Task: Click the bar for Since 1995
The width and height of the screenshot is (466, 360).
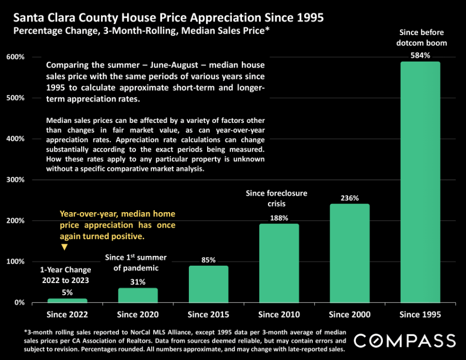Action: click(420, 182)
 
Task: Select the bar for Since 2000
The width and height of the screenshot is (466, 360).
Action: click(350, 253)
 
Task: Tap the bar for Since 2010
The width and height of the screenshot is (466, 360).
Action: click(279, 263)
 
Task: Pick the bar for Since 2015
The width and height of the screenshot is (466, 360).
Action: click(208, 284)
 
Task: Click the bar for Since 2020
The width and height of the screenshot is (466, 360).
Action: click(138, 295)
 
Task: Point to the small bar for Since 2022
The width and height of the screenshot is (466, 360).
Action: click(67, 300)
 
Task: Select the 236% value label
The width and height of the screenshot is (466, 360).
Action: click(350, 198)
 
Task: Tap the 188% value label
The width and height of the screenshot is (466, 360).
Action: click(279, 218)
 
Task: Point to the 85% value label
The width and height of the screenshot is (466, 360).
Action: click(208, 260)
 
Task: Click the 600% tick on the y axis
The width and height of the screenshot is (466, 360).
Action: click(15, 57)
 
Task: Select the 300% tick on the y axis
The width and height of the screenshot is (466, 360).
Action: click(15, 179)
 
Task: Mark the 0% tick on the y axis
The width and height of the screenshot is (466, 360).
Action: click(18, 302)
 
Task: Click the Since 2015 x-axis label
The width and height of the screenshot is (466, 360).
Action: click(208, 314)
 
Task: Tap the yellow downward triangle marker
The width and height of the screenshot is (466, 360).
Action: click(64, 247)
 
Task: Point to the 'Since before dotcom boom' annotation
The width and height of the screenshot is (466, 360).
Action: click(421, 38)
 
